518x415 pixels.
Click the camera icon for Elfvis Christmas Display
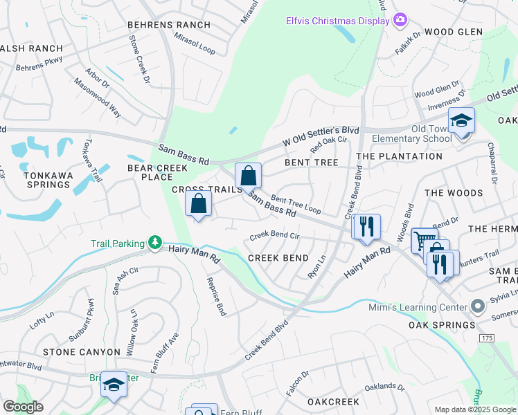(400, 19)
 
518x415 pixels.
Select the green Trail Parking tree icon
(157, 243)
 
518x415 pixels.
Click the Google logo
(23, 406)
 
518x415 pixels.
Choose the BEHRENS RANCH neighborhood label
(169, 25)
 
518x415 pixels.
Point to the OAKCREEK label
(333, 401)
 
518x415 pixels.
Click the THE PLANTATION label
(399, 156)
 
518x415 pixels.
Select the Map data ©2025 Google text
(474, 409)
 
